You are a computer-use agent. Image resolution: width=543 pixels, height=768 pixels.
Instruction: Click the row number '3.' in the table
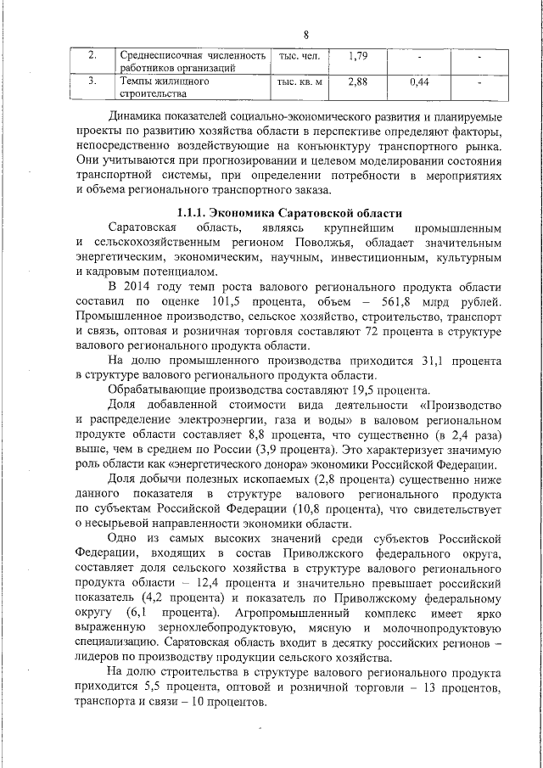click(92, 82)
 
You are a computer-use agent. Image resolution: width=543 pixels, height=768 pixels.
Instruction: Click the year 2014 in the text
click(143, 289)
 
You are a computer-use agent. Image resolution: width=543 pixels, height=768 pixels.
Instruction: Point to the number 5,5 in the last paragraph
click(140, 687)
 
